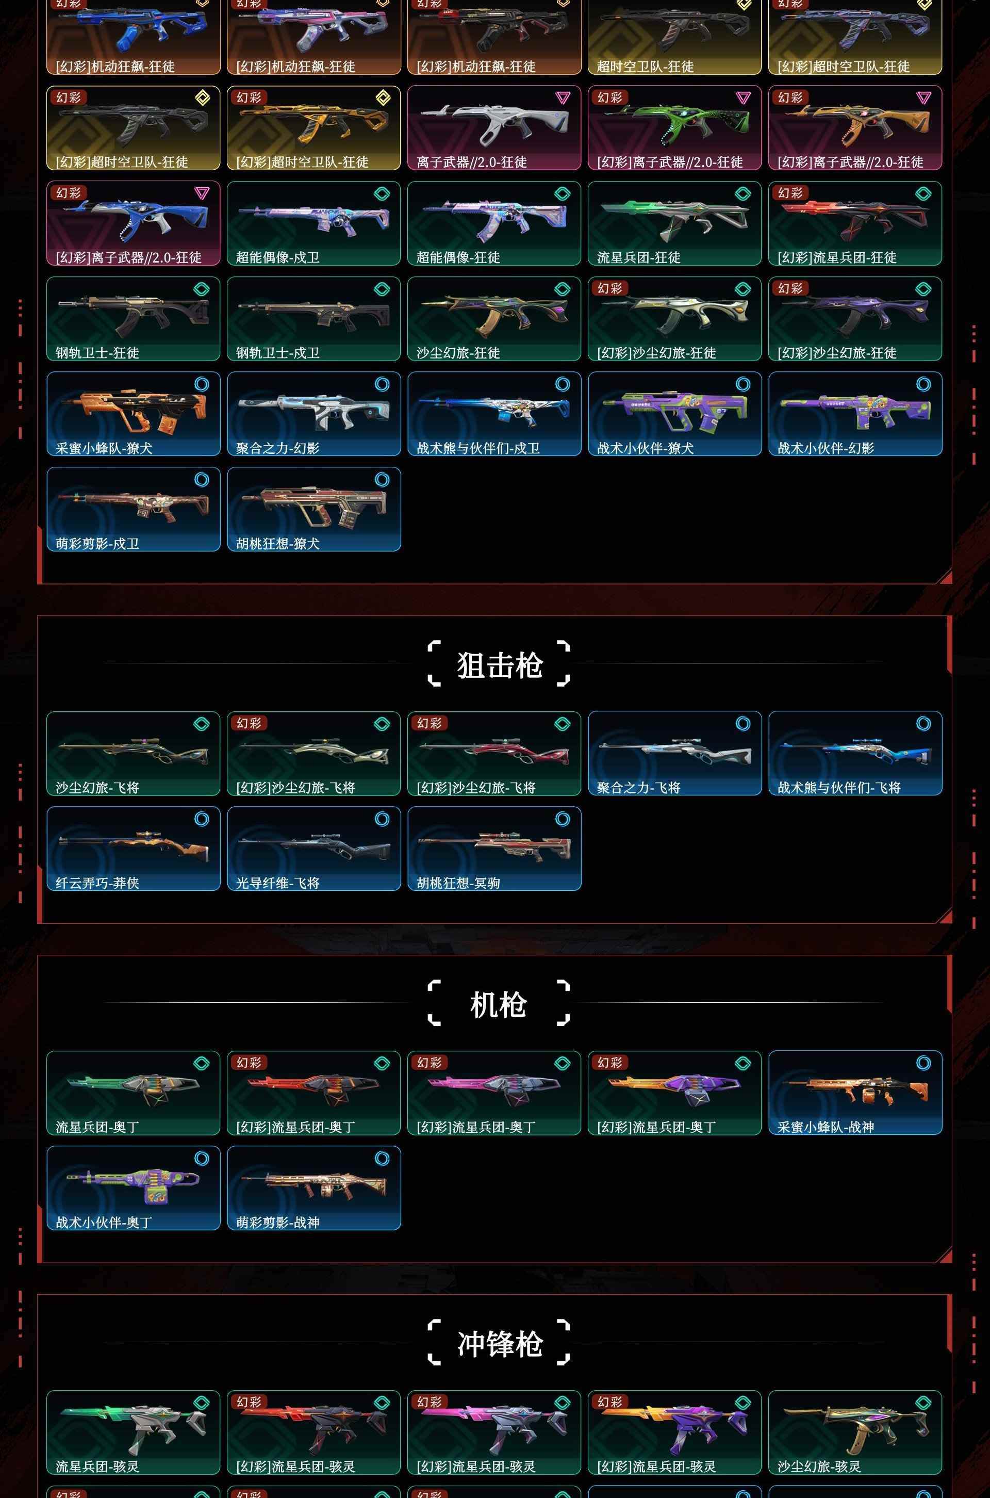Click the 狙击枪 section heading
click(x=500, y=664)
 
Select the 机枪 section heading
click(x=498, y=1004)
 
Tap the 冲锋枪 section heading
click(x=500, y=1343)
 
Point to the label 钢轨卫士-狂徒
click(x=97, y=353)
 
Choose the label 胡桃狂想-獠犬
click(x=278, y=544)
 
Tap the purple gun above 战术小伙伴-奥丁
click(x=133, y=1184)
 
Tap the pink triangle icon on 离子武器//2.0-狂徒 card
click(x=563, y=97)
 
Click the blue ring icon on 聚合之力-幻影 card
click(x=382, y=384)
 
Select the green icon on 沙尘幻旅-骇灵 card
click(x=923, y=1403)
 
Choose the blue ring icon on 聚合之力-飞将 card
click(x=743, y=723)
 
